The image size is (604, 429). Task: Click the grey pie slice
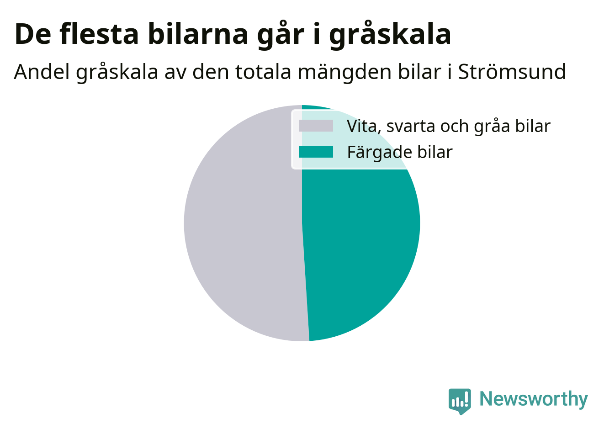[x=243, y=224]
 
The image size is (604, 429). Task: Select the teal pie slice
[x=361, y=229]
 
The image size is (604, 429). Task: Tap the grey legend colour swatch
[x=316, y=126]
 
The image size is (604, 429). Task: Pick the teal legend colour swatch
[x=316, y=152]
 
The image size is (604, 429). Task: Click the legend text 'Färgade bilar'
[x=400, y=152]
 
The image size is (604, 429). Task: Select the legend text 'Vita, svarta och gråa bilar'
[x=448, y=126]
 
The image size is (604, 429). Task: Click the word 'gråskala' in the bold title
[x=390, y=35]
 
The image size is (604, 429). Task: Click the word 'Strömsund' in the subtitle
[x=512, y=72]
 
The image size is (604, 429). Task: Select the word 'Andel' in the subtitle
[x=42, y=72]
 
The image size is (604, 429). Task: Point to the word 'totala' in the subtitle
[x=263, y=72]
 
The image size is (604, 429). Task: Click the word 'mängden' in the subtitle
[x=344, y=73]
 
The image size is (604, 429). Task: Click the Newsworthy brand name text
[x=534, y=399]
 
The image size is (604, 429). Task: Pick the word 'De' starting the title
[x=32, y=35]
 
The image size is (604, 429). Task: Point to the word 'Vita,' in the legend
[x=364, y=126]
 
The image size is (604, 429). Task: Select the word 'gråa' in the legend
[x=492, y=127]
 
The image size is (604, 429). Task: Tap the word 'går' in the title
[x=281, y=35]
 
